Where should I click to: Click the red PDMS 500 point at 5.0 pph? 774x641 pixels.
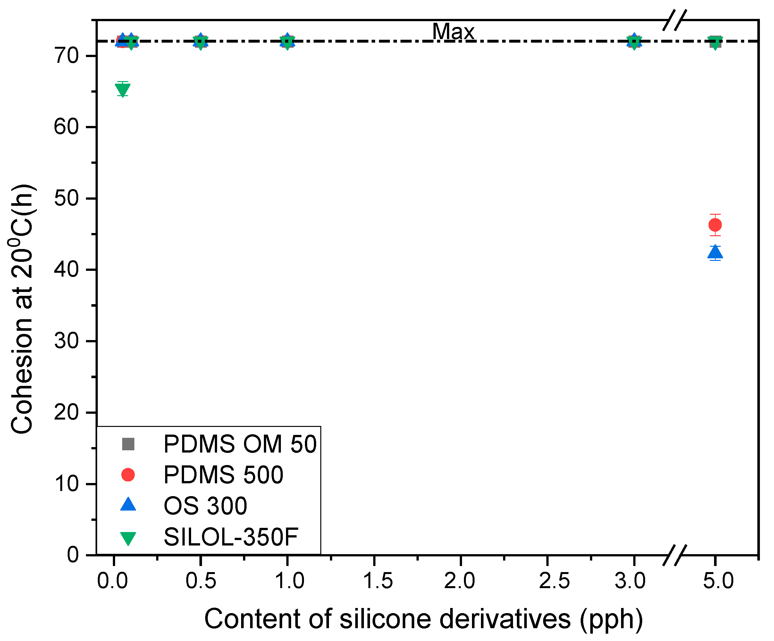[715, 225]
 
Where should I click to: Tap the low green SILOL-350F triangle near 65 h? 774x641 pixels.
[122, 89]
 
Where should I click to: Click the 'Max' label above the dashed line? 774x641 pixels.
[453, 31]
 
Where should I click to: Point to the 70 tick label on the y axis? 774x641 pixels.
[66, 56]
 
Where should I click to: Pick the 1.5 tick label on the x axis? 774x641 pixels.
[378, 581]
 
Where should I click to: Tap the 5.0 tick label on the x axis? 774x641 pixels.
[718, 581]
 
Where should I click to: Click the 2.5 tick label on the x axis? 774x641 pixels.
[554, 581]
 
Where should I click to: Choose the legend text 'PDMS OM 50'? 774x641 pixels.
[240, 444]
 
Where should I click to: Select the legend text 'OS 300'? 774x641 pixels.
[205, 506]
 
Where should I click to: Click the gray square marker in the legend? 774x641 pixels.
[128, 444]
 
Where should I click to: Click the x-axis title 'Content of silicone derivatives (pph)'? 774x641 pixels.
[424, 619]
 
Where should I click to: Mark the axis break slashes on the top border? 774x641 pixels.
[675, 21]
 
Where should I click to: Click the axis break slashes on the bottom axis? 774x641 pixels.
[675, 555]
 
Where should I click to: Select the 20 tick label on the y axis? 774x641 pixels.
[66, 412]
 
